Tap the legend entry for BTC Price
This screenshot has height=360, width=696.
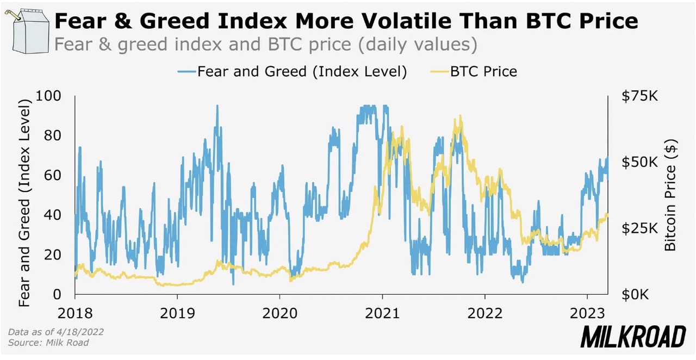point(483,71)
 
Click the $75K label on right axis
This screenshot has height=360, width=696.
point(639,96)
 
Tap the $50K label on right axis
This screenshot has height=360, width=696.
point(639,162)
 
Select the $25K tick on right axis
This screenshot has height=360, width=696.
point(639,228)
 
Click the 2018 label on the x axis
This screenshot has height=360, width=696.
point(75,313)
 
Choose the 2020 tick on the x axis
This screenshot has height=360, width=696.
point(279,313)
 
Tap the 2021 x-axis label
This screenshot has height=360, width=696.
point(382,313)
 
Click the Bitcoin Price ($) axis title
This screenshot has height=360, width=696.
point(670,195)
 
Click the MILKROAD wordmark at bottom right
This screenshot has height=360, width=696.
point(633,337)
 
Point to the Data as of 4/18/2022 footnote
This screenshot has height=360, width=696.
point(56,332)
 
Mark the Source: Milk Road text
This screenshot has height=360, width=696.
point(48,343)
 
